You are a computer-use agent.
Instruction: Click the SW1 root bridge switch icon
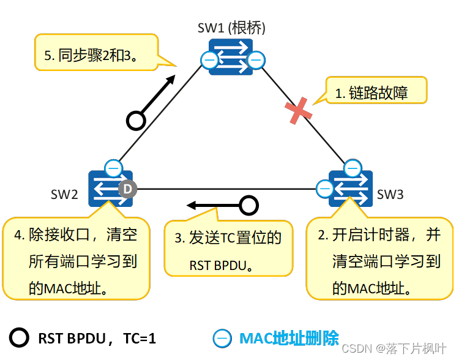tap(231, 57)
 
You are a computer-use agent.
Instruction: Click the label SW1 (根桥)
tap(231, 28)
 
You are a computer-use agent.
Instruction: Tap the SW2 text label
tap(64, 195)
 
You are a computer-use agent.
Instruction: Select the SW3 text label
tap(390, 195)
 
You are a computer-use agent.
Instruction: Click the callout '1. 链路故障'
tap(376, 93)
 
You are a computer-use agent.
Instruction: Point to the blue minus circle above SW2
tap(113, 167)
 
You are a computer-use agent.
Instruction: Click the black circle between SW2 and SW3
tap(249, 205)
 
